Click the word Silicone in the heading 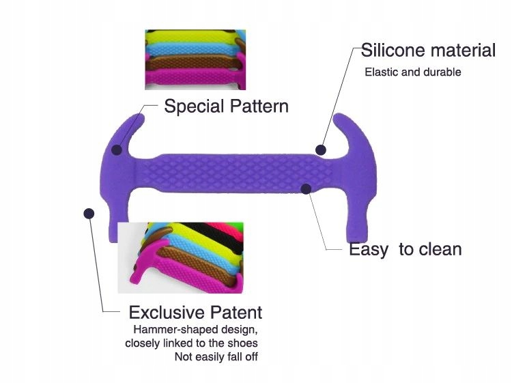393,50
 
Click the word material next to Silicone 464,50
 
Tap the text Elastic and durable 413,72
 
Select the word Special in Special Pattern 194,107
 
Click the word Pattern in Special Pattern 259,106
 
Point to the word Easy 369,250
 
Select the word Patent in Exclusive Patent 236,313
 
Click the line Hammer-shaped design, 196,330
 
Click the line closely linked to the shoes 191,343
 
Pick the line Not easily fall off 216,356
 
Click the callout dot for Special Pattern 117,150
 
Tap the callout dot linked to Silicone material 321,150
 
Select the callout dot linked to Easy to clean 306,188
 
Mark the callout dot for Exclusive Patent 89,214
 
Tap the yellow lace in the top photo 192,38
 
